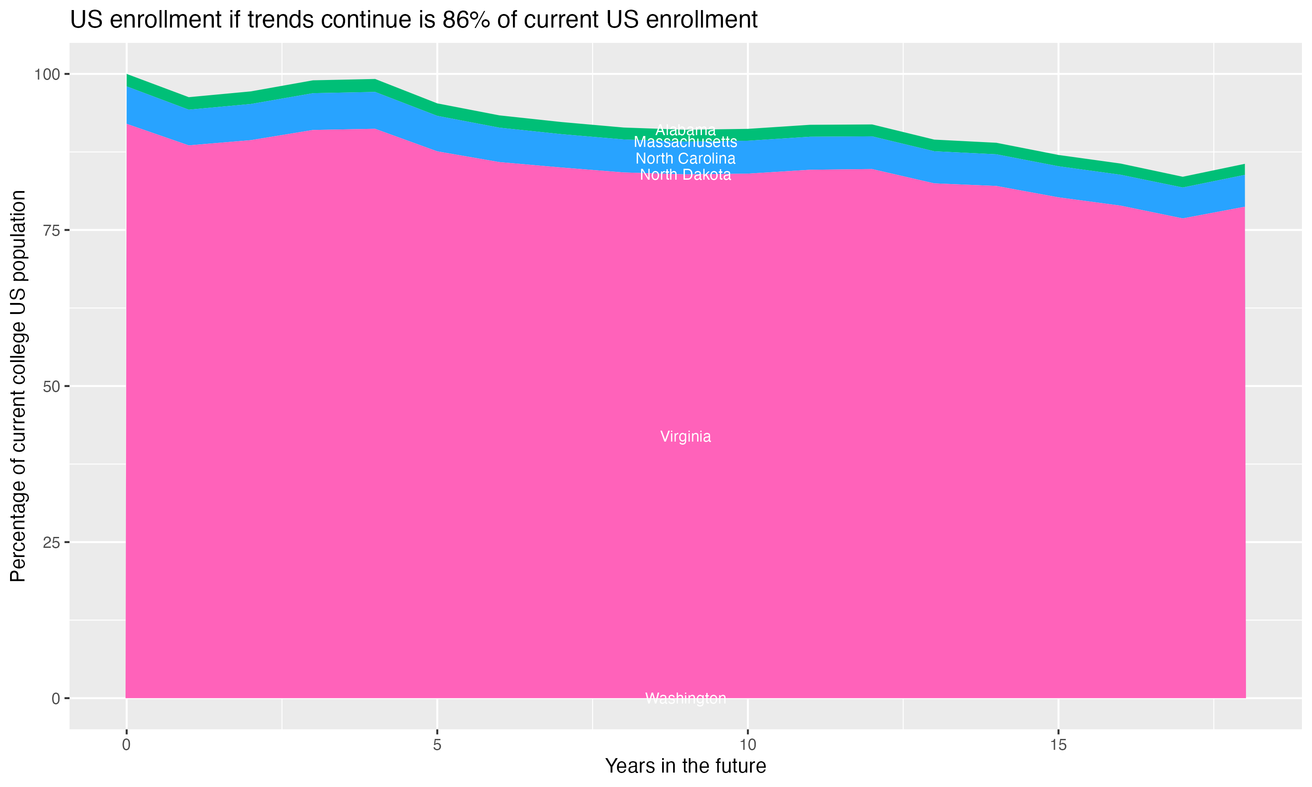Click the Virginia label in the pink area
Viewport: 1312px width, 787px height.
(685, 436)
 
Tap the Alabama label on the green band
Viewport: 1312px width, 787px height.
(685, 130)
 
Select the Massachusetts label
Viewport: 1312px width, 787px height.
(685, 142)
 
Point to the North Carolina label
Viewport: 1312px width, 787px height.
(685, 159)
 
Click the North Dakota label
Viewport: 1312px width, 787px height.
(685, 174)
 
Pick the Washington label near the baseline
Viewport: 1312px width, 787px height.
(685, 698)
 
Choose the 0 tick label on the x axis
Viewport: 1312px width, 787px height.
(126, 745)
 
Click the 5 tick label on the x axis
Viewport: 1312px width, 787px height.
(437, 745)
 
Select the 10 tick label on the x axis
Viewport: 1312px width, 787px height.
(747, 745)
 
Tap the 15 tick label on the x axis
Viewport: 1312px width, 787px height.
(1058, 745)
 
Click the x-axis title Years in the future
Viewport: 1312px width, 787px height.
(685, 766)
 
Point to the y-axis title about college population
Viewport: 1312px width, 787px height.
(18, 386)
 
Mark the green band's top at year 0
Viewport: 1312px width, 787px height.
(127, 75)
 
